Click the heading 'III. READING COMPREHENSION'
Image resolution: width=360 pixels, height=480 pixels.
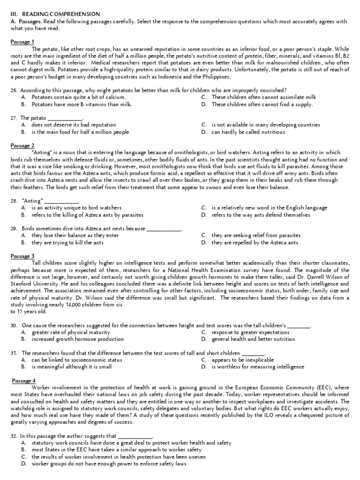tap(56, 15)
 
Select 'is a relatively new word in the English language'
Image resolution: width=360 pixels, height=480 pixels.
tap(270, 208)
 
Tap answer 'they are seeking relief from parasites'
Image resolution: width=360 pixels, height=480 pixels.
tap(256, 235)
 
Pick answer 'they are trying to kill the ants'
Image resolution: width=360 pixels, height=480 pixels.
tap(67, 243)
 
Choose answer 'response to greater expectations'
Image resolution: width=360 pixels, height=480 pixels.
tap(250, 332)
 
